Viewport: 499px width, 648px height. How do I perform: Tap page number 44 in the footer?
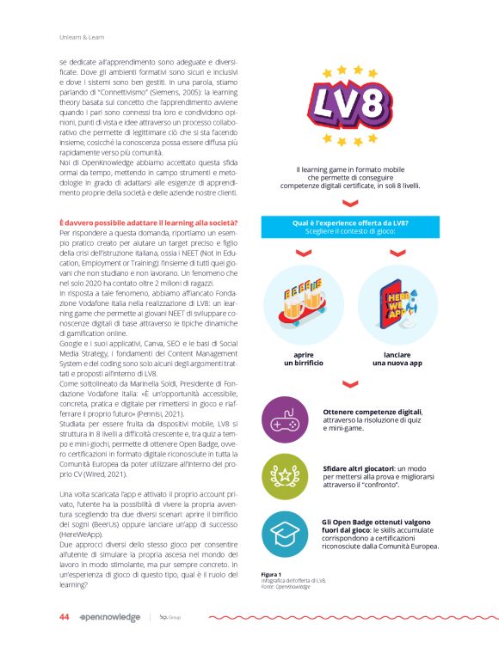pyautogui.click(x=64, y=616)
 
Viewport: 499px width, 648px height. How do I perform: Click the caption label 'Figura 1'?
pyautogui.click(x=272, y=573)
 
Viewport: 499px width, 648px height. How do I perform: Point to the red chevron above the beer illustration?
pyautogui.click(x=301, y=253)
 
